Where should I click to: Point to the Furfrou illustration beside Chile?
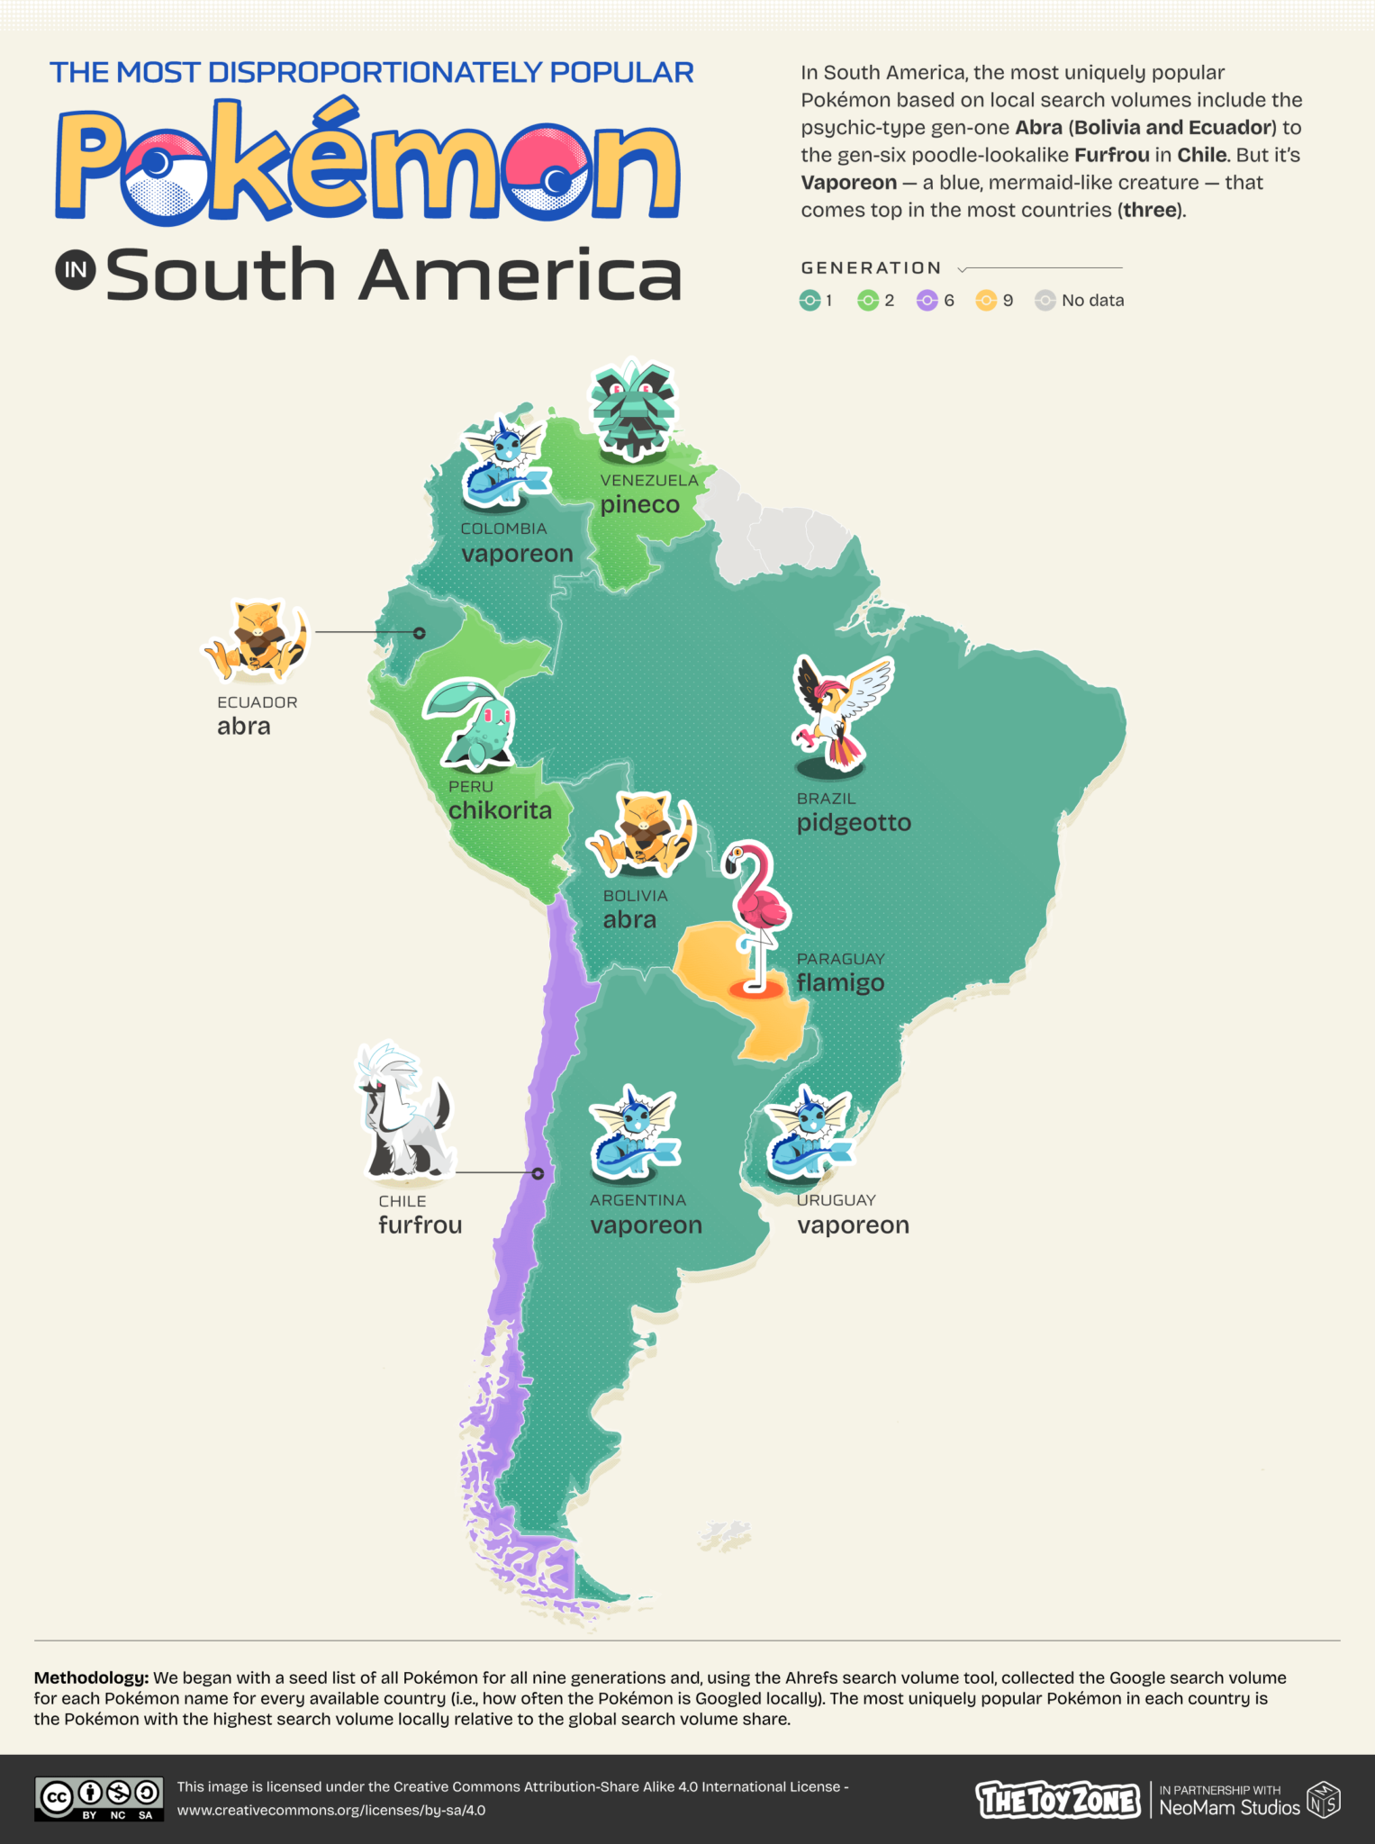(404, 1113)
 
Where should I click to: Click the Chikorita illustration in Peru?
(470, 725)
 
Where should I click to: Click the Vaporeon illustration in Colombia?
(504, 460)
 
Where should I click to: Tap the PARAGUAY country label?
(840, 959)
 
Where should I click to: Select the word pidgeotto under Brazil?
(854, 823)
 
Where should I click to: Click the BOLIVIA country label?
(635, 896)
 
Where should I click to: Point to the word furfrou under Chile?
(420, 1225)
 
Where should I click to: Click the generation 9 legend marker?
(986, 301)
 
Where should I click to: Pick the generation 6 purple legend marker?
(927, 301)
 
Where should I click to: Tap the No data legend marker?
(1045, 301)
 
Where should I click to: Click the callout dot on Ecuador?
(419, 633)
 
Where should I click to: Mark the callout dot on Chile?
(538, 1173)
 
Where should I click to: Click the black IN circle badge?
(76, 270)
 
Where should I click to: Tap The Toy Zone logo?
(1058, 1800)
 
